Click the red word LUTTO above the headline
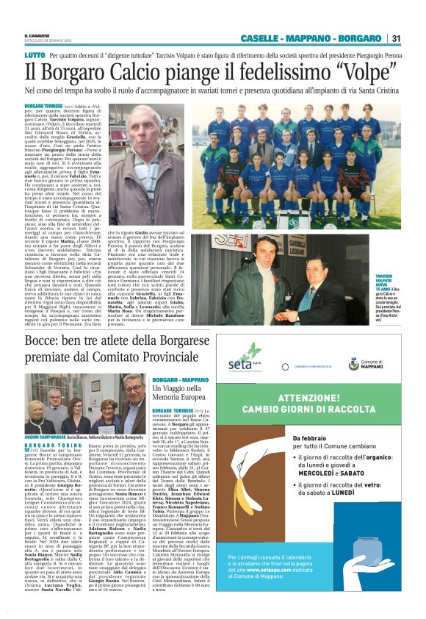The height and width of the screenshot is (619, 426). click(x=34, y=55)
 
